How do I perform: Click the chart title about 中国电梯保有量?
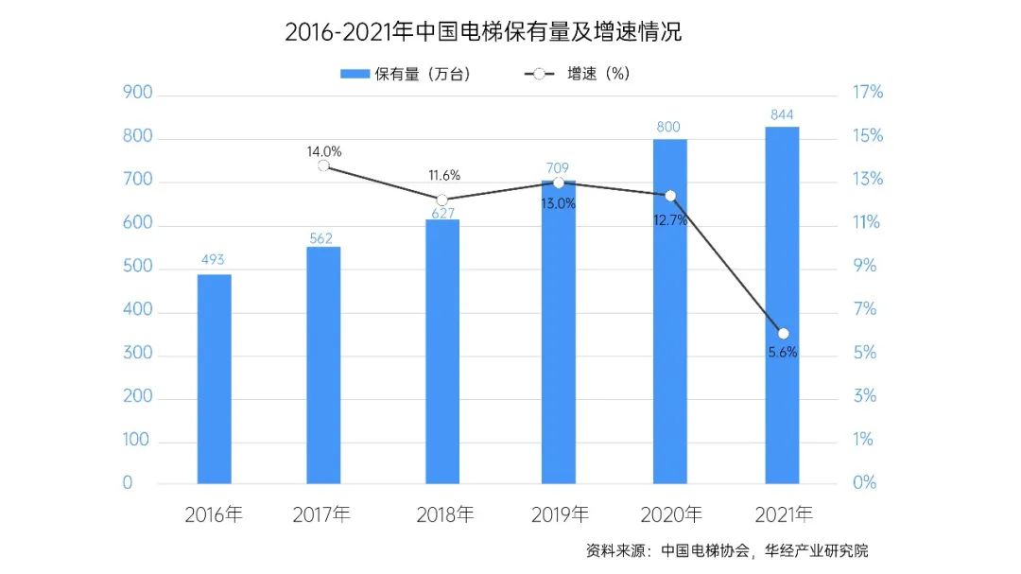click(x=483, y=32)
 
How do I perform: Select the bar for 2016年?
click(x=214, y=378)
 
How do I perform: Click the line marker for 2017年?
click(x=323, y=165)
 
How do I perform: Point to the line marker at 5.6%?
click(x=783, y=333)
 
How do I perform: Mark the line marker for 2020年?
click(x=670, y=196)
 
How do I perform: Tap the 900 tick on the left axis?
click(x=137, y=94)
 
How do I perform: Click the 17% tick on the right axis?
click(x=866, y=93)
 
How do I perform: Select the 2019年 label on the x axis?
click(x=560, y=515)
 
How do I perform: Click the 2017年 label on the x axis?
click(x=321, y=515)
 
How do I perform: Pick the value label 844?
click(x=783, y=113)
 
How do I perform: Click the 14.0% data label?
click(x=323, y=150)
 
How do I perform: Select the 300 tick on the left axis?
click(x=137, y=354)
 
